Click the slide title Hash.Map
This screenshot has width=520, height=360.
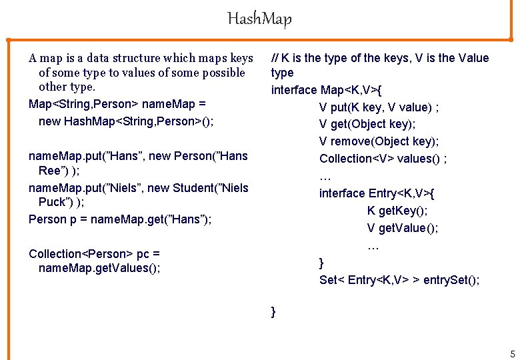(x=259, y=19)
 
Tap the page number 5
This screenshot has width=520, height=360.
(x=511, y=353)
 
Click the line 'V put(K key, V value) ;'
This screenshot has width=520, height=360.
(x=379, y=107)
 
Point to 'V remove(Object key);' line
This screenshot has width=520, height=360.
(x=379, y=141)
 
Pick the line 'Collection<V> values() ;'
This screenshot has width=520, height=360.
(x=383, y=159)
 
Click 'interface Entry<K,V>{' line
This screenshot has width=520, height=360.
(x=377, y=193)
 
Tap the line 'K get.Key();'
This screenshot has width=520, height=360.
(x=397, y=211)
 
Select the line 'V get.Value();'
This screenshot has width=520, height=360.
(x=403, y=228)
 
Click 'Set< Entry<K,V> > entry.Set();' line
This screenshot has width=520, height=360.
(x=399, y=280)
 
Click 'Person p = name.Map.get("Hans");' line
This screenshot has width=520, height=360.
(x=120, y=219)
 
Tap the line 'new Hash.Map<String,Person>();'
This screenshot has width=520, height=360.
(x=126, y=121)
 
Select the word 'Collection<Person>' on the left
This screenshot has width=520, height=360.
(x=81, y=253)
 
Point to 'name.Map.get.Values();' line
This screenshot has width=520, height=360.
(x=99, y=268)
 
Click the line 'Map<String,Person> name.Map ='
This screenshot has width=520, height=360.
(x=117, y=104)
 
